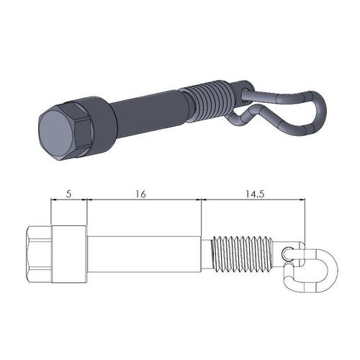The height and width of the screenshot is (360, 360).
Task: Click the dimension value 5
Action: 69,193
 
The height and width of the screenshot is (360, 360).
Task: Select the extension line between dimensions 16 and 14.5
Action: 202,216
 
